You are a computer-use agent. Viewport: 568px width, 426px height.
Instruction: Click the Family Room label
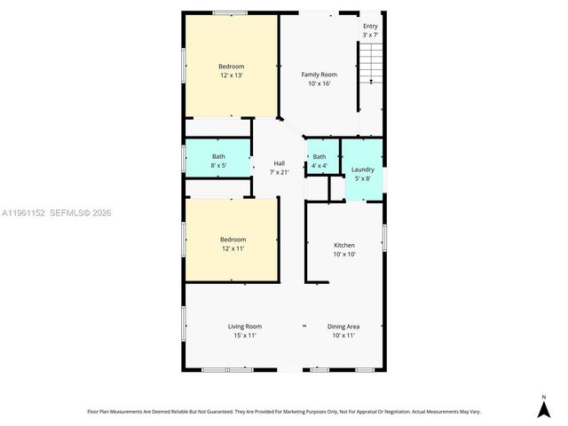(319, 75)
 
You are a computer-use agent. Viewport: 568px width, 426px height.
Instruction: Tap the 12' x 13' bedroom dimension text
(232, 76)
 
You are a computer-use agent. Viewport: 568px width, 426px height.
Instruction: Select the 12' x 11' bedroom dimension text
(233, 248)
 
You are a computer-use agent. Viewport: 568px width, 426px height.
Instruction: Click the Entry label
(370, 27)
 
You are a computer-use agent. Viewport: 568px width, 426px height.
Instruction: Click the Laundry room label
(362, 170)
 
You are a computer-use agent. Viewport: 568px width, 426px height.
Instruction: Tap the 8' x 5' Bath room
(218, 161)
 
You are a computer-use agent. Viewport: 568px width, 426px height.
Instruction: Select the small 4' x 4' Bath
(319, 161)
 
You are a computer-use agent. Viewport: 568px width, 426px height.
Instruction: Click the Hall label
(279, 163)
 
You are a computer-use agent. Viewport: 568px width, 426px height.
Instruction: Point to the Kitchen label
(344, 245)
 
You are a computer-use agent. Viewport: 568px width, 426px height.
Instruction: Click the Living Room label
(245, 327)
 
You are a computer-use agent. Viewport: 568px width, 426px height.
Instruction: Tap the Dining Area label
(344, 327)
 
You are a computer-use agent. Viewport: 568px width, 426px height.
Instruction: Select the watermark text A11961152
(24, 213)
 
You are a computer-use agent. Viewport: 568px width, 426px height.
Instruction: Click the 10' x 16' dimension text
(319, 83)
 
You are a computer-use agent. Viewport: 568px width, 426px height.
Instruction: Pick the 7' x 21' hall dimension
(279, 172)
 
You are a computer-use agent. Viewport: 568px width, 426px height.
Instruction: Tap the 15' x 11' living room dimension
(245, 335)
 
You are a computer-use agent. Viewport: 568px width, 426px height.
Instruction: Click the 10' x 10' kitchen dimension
(344, 254)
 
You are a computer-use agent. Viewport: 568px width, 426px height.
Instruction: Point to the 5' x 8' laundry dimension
(362, 178)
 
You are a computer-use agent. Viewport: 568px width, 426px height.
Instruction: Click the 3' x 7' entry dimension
(370, 35)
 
